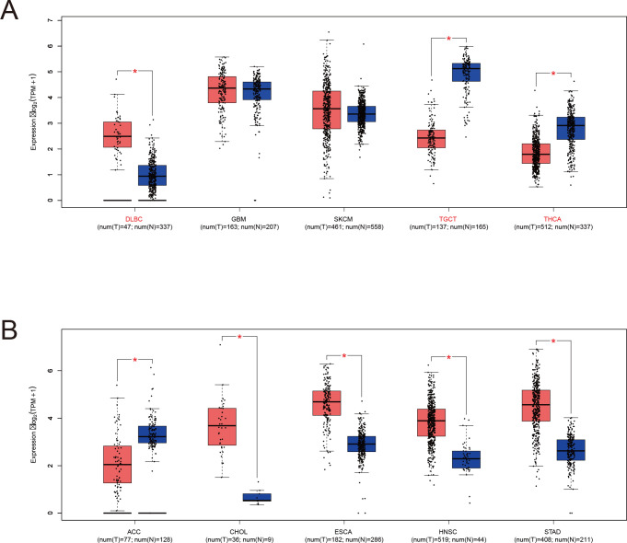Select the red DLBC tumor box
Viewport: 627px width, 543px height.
coord(117,134)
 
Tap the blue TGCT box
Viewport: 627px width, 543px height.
coord(465,72)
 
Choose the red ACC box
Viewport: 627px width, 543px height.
coord(117,464)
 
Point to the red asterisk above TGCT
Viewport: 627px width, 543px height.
coord(448,39)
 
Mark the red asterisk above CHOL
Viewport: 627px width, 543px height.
coord(239,337)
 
